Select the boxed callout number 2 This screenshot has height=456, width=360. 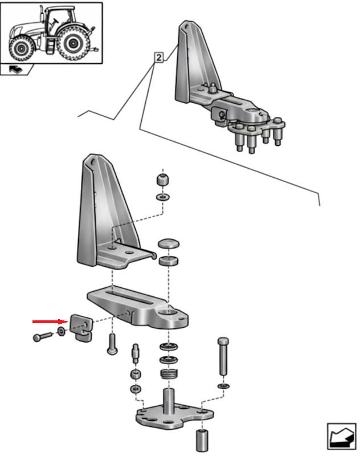158,57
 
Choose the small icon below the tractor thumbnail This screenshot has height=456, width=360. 16,70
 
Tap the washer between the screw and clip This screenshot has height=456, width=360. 60,332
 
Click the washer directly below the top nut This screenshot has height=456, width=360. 162,197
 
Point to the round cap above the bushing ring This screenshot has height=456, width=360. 169,245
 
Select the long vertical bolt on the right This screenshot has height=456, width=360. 223,356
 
